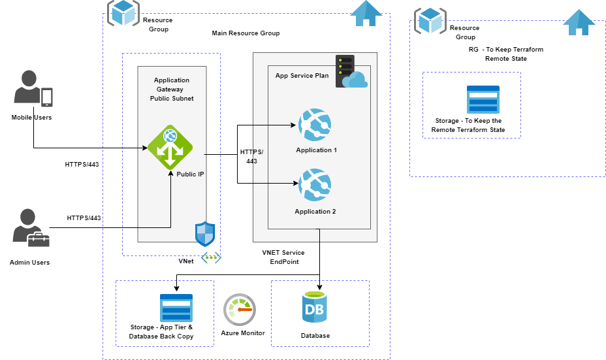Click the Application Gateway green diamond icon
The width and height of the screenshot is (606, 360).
pos(170,147)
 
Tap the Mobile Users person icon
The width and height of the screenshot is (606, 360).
pos(33,89)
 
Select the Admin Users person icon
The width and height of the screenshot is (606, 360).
pos(31,228)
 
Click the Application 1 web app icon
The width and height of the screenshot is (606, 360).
pos(315,125)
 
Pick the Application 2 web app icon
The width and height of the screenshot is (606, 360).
pos(315,185)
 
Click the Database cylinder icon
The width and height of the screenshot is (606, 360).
pos(315,308)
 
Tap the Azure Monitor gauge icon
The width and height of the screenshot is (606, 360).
pos(240,310)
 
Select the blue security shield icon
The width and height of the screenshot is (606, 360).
pos(205,234)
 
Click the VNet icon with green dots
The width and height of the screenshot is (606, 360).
pos(211,258)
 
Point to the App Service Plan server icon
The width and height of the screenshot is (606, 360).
pos(351,71)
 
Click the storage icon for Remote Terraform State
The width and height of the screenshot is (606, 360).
pos(483,99)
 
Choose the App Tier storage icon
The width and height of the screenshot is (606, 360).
pos(176,308)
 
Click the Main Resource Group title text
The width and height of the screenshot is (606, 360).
pos(246,33)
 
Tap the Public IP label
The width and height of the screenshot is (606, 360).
pos(190,174)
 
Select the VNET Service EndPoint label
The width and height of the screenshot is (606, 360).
pos(283,257)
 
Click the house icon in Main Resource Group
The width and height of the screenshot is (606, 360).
pos(366,14)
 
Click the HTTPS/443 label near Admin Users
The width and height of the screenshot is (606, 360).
pos(84,218)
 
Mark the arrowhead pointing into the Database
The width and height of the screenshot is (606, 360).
pos(319,287)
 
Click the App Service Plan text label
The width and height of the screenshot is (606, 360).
pos(302,76)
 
